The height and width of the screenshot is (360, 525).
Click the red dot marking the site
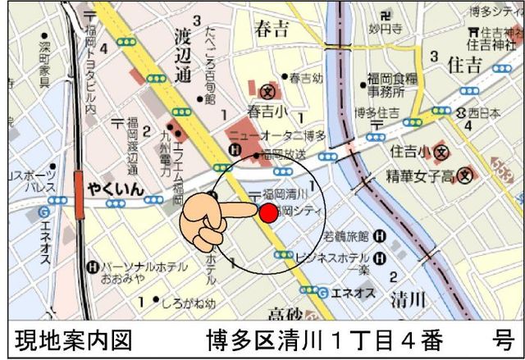(x=268, y=213)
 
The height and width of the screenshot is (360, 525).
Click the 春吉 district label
(x=272, y=30)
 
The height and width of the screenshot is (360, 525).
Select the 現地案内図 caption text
(x=72, y=339)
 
